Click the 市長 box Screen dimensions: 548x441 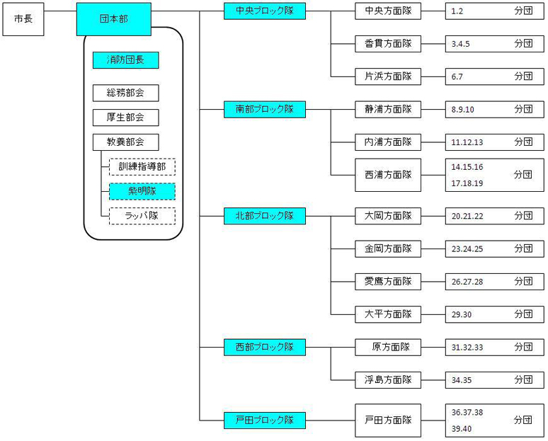tap(23, 19)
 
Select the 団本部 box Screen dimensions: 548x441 tap(114, 19)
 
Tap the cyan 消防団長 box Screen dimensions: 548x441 tap(126, 60)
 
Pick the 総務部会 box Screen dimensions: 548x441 tap(126, 93)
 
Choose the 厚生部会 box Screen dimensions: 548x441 tap(126, 118)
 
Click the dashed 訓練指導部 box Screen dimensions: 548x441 tap(142, 166)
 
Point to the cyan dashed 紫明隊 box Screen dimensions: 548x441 tap(142, 192)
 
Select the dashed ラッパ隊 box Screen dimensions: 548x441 tap(142, 216)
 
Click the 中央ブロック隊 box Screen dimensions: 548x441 tap(265, 11)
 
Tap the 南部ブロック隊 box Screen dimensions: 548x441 tap(265, 110)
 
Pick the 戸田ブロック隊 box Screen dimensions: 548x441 tap(265, 420)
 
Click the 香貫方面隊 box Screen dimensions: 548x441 tap(388, 44)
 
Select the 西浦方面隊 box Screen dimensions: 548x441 tap(388, 175)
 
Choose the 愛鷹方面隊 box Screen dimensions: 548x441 tap(388, 282)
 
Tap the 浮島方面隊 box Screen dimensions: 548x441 tap(388, 380)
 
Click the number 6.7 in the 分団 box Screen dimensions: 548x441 tap(457, 77)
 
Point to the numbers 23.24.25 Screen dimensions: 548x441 tap(467, 249)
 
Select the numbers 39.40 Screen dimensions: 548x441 tap(462, 429)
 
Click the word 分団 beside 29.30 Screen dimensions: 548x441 tap(523, 314)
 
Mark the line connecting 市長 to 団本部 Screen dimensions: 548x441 tap(60, 11)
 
